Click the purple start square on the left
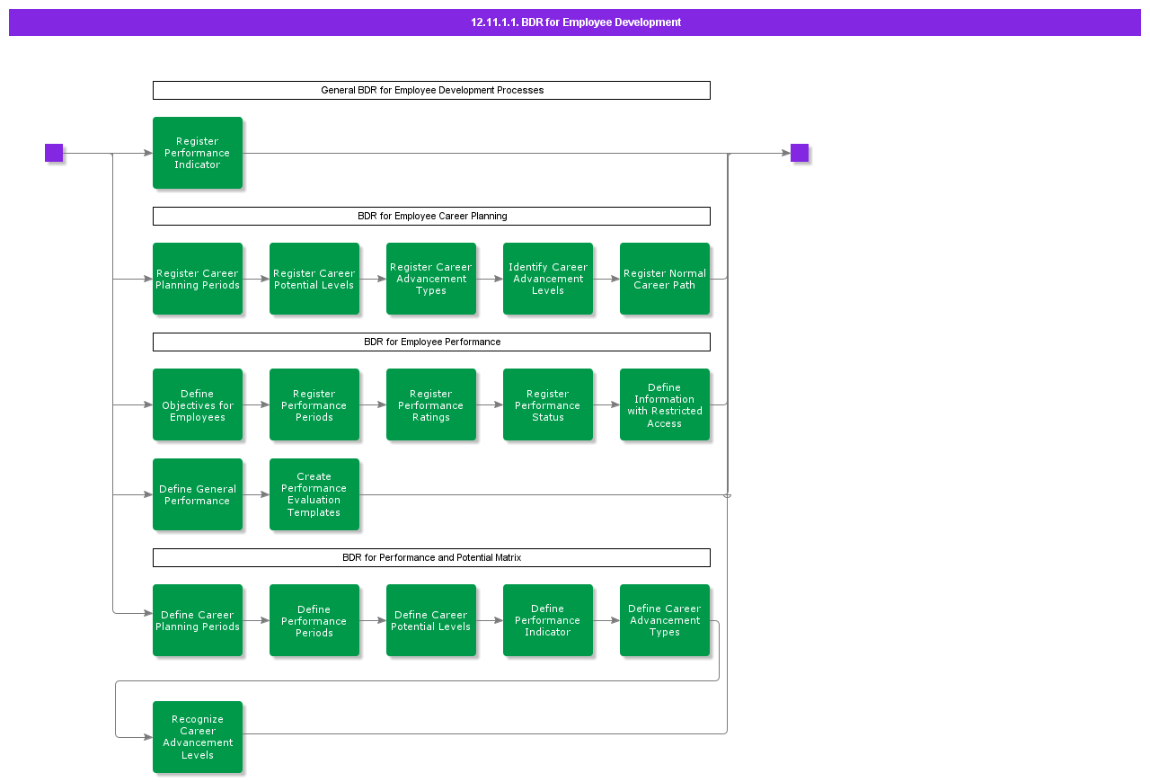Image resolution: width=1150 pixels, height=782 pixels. (54, 153)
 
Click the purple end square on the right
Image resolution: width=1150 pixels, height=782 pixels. (800, 153)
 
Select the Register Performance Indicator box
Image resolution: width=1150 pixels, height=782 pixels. (198, 153)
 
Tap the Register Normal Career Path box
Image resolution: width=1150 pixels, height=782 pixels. (665, 279)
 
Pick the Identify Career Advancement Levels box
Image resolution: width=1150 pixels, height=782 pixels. (548, 279)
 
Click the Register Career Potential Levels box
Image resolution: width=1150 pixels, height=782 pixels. (314, 279)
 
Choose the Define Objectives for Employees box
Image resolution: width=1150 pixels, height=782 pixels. (198, 404)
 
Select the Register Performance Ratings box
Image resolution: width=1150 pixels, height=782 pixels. (431, 404)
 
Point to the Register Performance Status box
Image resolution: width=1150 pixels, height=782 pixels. (548, 404)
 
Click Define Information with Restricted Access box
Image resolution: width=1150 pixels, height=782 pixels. (665, 404)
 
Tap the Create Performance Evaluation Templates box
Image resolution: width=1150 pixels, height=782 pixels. (314, 494)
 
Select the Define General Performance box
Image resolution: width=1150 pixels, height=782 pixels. (198, 494)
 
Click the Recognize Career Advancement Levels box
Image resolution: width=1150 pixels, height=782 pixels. (198, 737)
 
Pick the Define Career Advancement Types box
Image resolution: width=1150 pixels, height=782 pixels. (665, 620)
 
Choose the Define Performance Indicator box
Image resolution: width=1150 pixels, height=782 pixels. (548, 620)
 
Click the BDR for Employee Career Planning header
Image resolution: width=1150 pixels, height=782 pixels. (431, 216)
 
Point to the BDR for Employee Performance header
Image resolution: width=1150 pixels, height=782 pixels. (431, 342)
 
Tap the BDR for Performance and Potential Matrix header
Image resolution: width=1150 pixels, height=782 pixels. (431, 557)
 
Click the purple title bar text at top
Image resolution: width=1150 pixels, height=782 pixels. (575, 22)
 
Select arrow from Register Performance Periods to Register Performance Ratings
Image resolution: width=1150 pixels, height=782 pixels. (373, 404)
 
